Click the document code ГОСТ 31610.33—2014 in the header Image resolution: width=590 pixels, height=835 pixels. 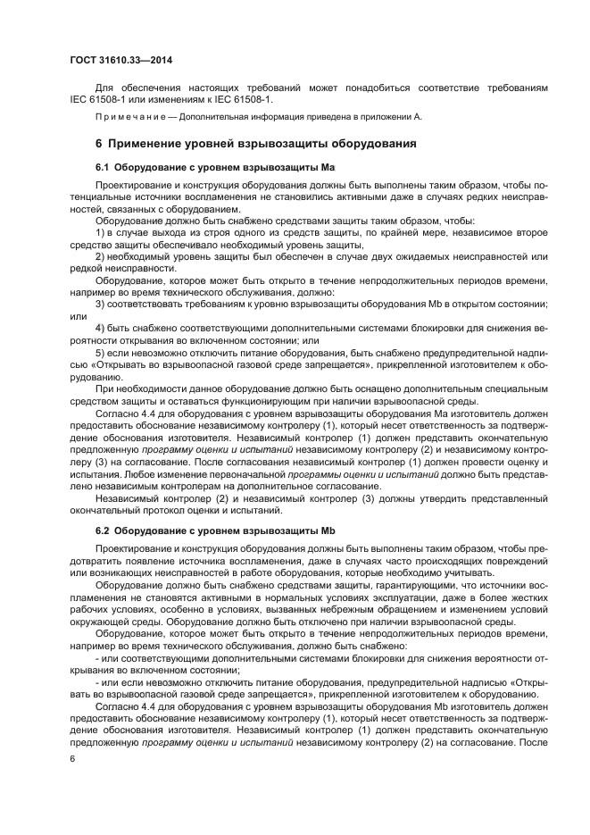click(x=121, y=61)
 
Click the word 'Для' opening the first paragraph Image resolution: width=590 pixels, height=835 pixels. click(x=104, y=88)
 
